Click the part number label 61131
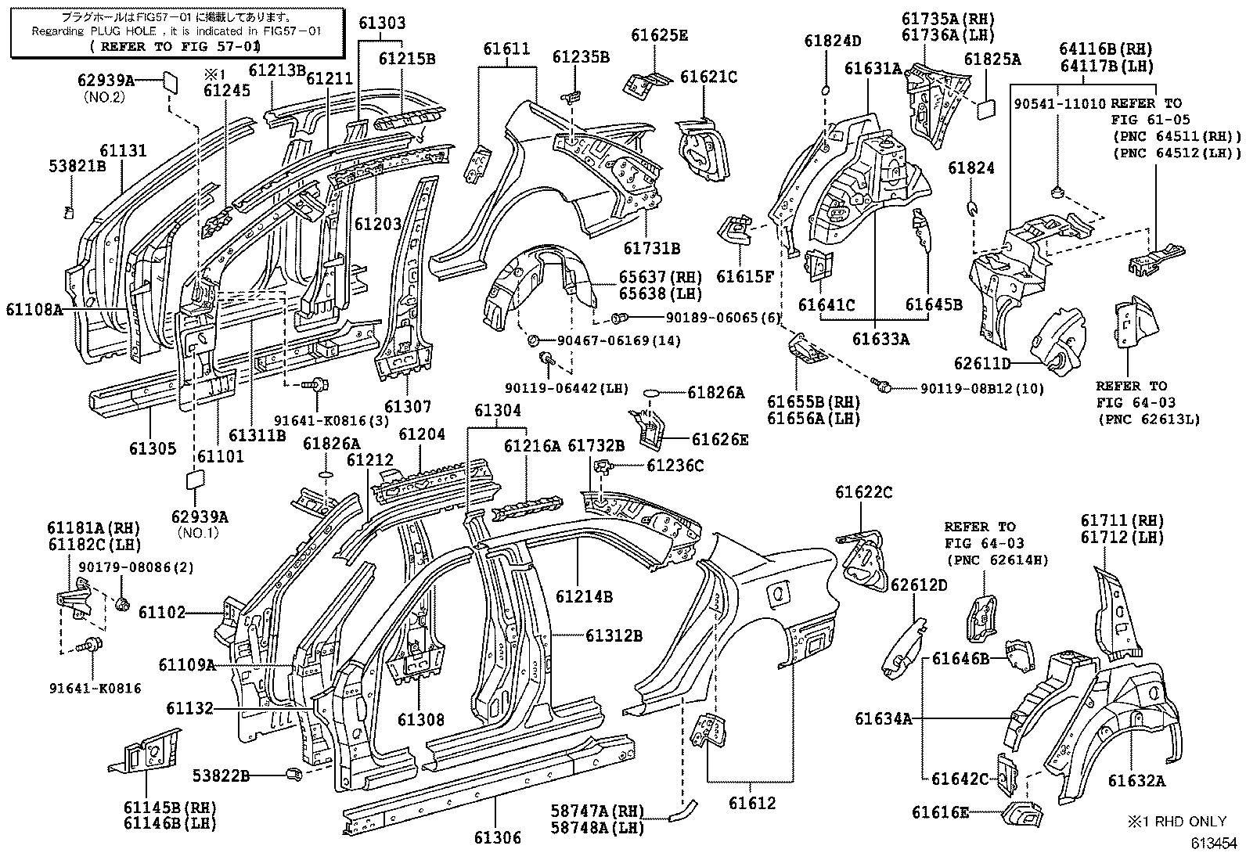pyautogui.click(x=123, y=151)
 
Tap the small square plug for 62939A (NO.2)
pyautogui.click(x=170, y=81)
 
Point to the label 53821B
pyautogui.click(x=77, y=166)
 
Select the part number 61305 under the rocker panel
pyautogui.click(x=153, y=448)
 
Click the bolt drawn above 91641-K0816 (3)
pyautogui.click(x=315, y=384)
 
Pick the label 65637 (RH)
pyautogui.click(x=661, y=277)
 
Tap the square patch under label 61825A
pyautogui.click(x=986, y=109)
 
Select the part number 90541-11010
pyautogui.click(x=1059, y=103)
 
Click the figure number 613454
pyautogui.click(x=1213, y=844)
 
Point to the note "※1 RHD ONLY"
pyautogui.click(x=1177, y=822)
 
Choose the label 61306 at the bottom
pyautogui.click(x=498, y=837)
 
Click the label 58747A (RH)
pyautogui.click(x=597, y=811)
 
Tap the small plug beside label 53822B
pyautogui.click(x=293, y=774)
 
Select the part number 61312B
pyautogui.click(x=614, y=635)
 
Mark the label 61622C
pyautogui.click(x=864, y=492)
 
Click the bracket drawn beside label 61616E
pyautogui.click(x=1022, y=814)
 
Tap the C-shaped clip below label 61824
pyautogui.click(x=972, y=209)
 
